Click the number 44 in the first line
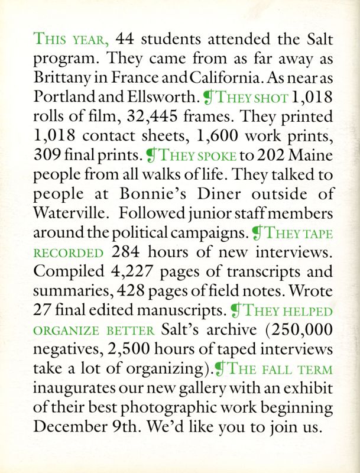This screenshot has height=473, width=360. tap(127, 40)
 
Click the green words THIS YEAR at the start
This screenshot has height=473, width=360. tap(72, 40)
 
